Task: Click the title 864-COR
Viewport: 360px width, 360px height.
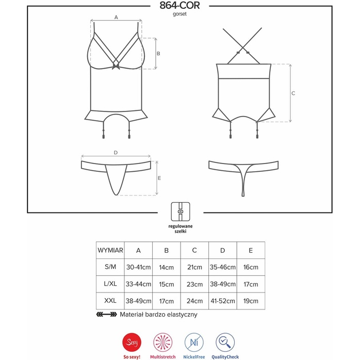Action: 179,6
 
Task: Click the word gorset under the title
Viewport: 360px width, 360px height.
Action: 179,14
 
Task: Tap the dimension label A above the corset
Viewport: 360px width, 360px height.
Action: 116,17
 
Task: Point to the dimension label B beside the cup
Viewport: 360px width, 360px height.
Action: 158,54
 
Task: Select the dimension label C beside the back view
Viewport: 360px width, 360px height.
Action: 293,93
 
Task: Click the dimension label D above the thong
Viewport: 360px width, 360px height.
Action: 116,153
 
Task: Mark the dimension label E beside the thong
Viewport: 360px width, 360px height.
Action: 159,178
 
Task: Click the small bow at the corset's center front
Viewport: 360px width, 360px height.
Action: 116,67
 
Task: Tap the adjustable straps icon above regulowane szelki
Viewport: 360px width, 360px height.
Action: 180,211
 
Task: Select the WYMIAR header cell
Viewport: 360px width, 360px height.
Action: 110,250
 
